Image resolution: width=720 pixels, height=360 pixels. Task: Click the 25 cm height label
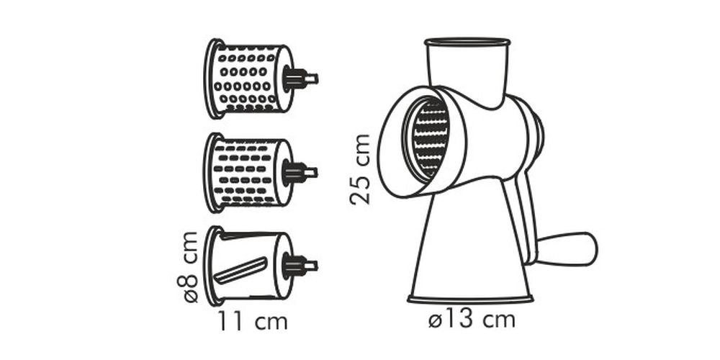[360, 169]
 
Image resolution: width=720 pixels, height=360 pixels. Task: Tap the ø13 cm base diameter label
[472, 320]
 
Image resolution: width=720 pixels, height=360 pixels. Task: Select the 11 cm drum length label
[253, 321]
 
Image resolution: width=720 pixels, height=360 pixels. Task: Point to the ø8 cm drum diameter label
[187, 267]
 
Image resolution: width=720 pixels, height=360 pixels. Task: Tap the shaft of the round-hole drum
[301, 79]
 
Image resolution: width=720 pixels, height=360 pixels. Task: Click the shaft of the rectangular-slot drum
[301, 173]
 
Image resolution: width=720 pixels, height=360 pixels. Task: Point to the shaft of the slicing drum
[301, 266]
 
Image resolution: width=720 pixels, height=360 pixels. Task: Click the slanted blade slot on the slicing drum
[240, 270]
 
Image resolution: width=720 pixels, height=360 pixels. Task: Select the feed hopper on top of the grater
[467, 69]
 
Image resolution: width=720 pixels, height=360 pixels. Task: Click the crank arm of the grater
[521, 216]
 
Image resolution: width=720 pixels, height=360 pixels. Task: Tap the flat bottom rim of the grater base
[470, 300]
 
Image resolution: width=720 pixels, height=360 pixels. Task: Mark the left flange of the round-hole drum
[212, 79]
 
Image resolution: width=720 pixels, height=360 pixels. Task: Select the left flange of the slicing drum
[212, 266]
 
